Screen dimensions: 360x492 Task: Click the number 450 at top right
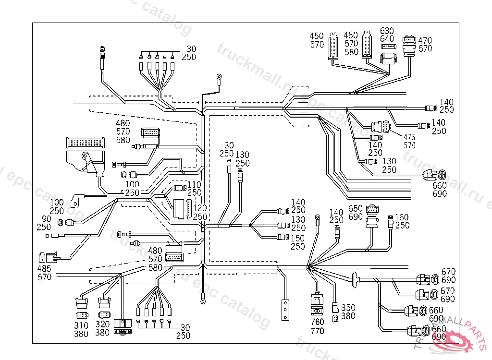click(x=317, y=36)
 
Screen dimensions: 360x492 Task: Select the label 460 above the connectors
click(x=351, y=35)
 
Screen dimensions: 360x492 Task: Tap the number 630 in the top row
click(x=387, y=31)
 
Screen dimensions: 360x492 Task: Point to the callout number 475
click(x=409, y=137)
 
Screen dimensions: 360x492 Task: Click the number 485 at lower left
click(x=45, y=268)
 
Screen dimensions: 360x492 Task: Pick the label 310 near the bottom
click(x=81, y=325)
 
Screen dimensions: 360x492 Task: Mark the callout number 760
click(x=317, y=322)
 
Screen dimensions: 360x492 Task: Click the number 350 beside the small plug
click(x=348, y=308)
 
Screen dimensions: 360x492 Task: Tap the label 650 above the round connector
click(x=356, y=209)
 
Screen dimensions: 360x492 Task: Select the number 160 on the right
click(x=402, y=217)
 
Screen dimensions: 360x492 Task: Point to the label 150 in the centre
click(x=298, y=238)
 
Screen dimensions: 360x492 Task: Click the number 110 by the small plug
click(x=194, y=185)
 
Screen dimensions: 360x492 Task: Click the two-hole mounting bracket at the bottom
click(x=286, y=310)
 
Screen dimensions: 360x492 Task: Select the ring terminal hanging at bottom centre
click(x=203, y=301)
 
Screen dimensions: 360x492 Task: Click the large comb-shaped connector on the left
click(x=85, y=143)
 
